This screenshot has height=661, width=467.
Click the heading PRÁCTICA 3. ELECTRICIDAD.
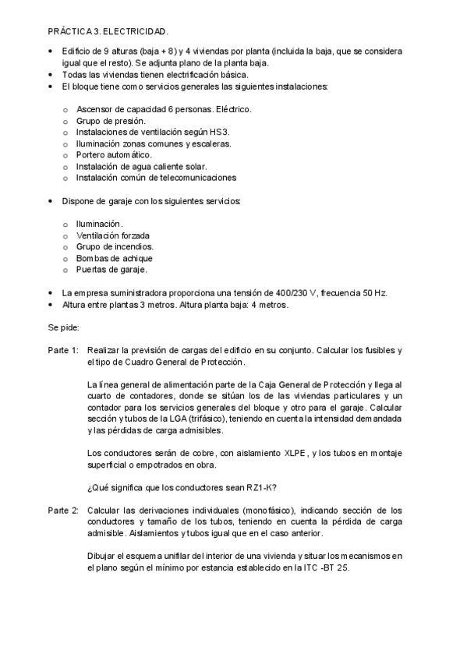coord(108,32)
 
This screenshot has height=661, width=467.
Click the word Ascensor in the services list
coord(95,110)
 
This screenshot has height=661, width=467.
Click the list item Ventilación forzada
coord(113,235)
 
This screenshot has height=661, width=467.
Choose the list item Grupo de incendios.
coord(115,246)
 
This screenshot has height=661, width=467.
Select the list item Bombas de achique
coord(114,258)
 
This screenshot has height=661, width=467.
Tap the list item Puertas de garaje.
coord(111,269)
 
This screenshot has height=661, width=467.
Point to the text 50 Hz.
coord(374,293)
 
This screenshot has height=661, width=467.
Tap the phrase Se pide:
coord(65,327)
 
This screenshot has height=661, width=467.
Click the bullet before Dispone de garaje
coord(51,201)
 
